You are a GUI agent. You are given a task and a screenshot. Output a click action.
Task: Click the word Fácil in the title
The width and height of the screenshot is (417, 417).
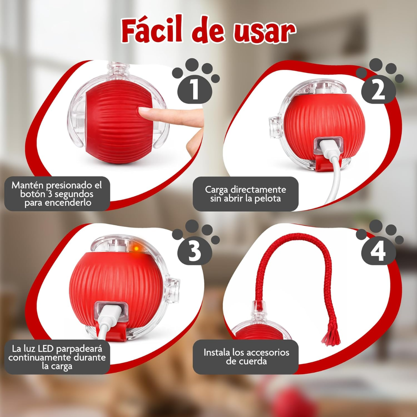152,31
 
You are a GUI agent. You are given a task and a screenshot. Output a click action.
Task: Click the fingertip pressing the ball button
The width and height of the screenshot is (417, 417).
145,112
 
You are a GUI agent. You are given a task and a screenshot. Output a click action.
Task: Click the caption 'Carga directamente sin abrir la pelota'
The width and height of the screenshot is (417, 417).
246,194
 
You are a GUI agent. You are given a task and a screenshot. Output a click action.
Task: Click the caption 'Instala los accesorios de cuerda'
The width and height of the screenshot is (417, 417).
246,357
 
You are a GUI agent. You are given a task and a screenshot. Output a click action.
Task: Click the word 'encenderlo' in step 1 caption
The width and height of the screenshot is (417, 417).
58,203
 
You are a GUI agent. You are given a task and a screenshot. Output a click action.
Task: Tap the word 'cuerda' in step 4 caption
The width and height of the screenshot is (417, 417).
246,362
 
